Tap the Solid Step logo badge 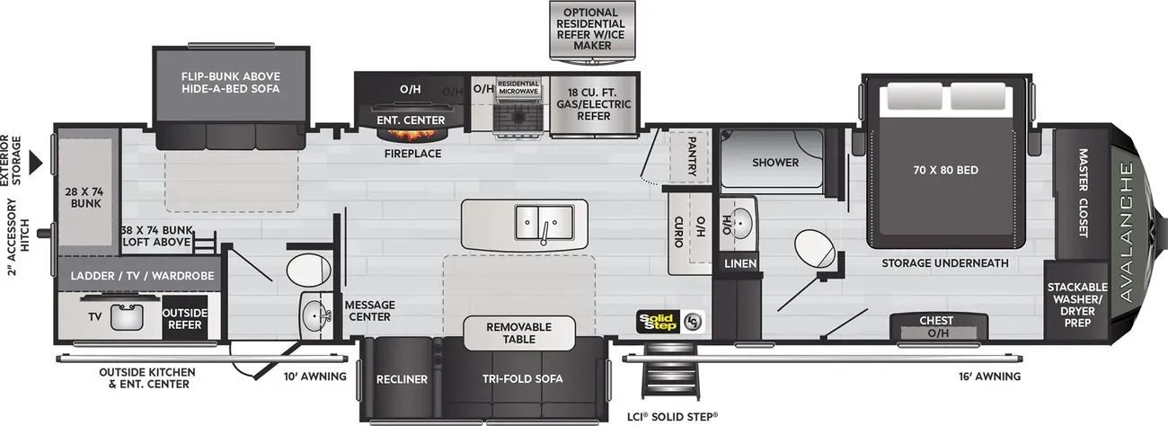[670, 321]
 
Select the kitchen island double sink [544, 219]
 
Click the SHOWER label [775, 163]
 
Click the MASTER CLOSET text [1082, 192]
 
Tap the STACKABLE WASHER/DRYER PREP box [1077, 304]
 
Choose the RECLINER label [402, 379]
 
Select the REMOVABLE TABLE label [519, 333]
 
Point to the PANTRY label [693, 155]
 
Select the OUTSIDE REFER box [185, 319]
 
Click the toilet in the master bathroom [814, 245]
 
